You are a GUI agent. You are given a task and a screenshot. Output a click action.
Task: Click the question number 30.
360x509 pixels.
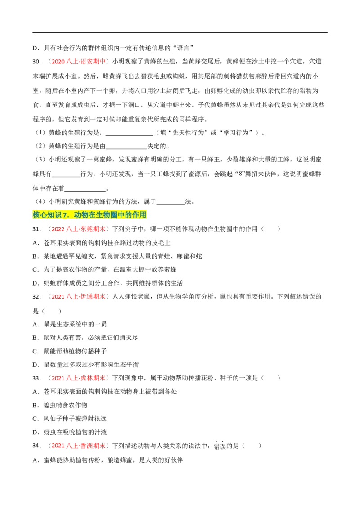point(36,62)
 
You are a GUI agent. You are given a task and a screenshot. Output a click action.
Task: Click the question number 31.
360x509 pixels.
point(36,229)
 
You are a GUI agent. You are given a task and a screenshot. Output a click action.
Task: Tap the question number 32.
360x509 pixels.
point(36,296)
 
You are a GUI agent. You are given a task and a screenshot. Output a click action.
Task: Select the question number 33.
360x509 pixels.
point(36,378)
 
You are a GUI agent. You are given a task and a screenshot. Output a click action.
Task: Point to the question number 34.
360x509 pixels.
point(36,446)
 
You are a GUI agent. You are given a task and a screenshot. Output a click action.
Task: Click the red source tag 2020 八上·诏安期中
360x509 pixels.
point(79,62)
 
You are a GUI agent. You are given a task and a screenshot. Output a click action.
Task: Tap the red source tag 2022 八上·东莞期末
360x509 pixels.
point(79,229)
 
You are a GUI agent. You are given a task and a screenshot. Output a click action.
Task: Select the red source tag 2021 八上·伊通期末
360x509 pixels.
point(79,296)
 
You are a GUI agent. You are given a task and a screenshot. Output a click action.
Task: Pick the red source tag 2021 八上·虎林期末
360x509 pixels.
point(79,378)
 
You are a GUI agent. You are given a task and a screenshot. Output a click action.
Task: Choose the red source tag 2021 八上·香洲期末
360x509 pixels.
point(79,446)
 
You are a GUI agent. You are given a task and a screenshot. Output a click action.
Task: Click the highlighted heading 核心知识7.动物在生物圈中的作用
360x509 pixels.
point(90,214)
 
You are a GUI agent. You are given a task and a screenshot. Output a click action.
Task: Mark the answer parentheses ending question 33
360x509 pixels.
point(270,378)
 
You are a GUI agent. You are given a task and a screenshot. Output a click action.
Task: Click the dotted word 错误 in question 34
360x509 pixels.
point(220,446)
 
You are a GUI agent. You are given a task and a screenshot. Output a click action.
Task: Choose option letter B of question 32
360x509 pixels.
point(36,338)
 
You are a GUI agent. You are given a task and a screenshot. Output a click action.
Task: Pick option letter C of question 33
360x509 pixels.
point(36,419)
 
